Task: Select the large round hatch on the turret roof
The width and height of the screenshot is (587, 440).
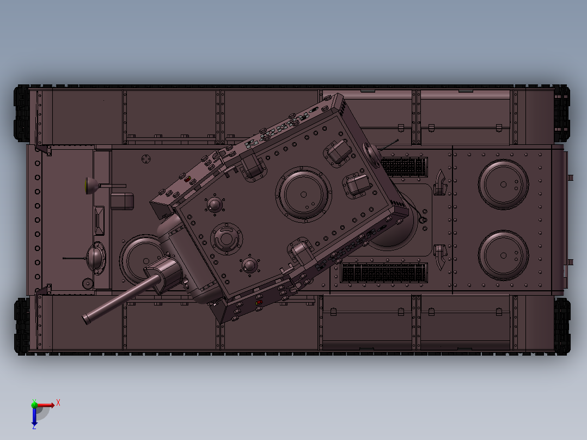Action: tap(303, 194)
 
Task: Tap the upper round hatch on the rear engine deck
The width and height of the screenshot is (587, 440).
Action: tap(503, 184)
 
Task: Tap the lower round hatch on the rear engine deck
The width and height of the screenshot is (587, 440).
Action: tap(503, 255)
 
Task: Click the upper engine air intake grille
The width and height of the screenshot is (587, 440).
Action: tap(403, 167)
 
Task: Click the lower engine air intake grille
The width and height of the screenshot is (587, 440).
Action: tap(384, 272)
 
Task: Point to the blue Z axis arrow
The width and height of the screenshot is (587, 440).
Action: tap(34, 418)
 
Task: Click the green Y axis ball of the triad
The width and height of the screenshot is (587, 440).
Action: tap(34, 404)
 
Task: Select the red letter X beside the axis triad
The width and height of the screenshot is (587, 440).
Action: tap(58, 402)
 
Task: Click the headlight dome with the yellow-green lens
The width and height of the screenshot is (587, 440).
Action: tap(91, 186)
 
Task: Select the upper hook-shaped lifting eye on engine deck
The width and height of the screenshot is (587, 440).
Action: tap(441, 182)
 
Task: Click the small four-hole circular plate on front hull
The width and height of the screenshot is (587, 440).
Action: tap(146, 158)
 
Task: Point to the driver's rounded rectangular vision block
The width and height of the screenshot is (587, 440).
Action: tap(122, 200)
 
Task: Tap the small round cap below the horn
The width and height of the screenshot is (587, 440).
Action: tap(88, 283)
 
